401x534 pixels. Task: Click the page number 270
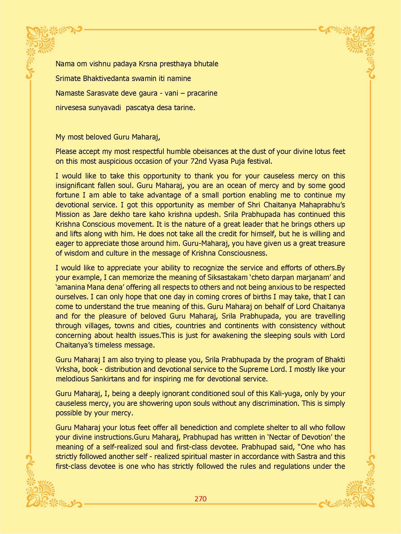click(200, 499)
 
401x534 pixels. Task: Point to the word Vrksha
click(67, 369)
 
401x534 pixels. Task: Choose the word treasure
click(331, 244)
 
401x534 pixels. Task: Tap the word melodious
click(72, 379)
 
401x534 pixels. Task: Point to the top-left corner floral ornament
click(45, 44)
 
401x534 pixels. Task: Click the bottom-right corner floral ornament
click(358, 490)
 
